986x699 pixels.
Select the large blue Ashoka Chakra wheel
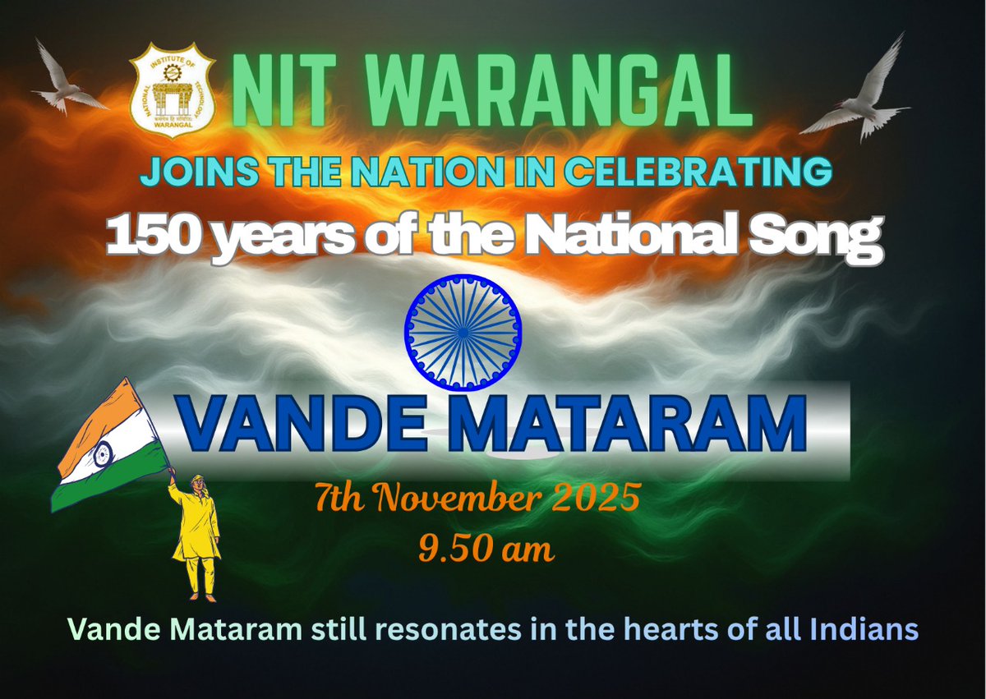tap(463, 330)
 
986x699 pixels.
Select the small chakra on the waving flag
tap(102, 453)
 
